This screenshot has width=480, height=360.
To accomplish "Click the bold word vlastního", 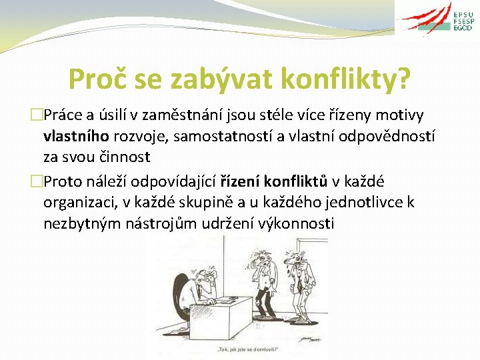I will (x=75, y=135).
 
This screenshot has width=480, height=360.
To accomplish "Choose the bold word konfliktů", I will (x=297, y=181).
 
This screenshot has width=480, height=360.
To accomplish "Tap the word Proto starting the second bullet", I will (x=67, y=181).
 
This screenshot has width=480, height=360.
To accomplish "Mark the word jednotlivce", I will (x=365, y=202).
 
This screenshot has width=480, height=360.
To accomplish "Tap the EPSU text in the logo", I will (x=463, y=15).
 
